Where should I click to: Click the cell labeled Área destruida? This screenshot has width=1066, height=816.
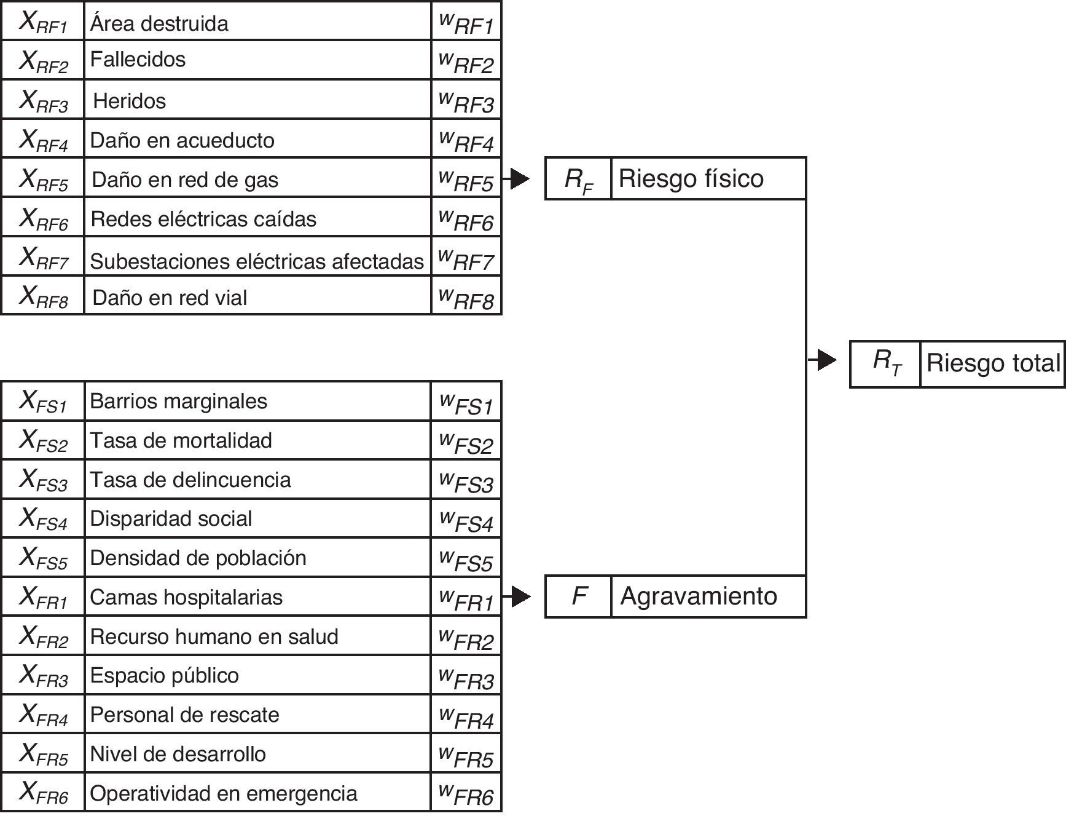(x=159, y=23)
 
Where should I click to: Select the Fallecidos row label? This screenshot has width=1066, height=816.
(x=138, y=59)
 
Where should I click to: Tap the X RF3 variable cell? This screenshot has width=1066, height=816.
(x=43, y=100)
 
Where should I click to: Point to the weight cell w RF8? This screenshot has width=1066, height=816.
(x=466, y=297)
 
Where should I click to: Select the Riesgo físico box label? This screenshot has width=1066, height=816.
(x=691, y=178)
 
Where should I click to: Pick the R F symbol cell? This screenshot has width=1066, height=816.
(x=578, y=180)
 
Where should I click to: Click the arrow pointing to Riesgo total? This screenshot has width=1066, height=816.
(x=823, y=360)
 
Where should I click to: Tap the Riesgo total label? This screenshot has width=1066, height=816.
(x=992, y=363)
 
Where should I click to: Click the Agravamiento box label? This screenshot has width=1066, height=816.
(x=699, y=596)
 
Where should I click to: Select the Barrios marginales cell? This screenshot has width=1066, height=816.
(x=178, y=401)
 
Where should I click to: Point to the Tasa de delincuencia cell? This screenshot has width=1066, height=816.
(x=190, y=480)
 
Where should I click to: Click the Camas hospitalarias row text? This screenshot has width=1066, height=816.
(x=186, y=597)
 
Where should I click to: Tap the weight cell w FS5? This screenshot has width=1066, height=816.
(x=466, y=558)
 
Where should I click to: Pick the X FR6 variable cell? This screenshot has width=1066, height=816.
(x=43, y=793)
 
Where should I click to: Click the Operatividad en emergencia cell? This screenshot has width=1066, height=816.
(x=224, y=793)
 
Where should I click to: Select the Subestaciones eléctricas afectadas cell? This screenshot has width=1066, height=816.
(x=257, y=261)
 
